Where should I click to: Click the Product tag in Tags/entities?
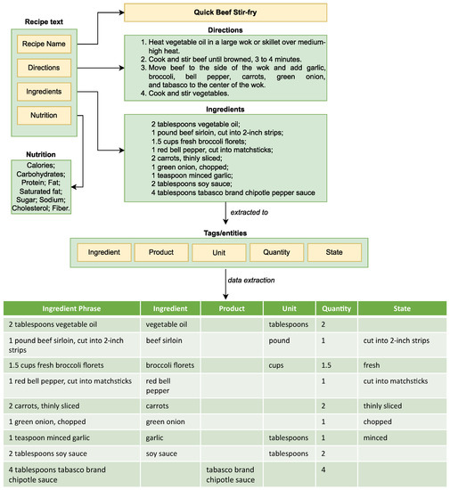[x=161, y=252]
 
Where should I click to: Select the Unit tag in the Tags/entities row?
[x=219, y=252]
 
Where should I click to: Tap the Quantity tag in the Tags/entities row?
[x=276, y=252]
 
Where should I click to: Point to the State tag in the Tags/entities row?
[x=334, y=252]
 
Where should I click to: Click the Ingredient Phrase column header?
[x=70, y=309]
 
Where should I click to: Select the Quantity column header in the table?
[x=336, y=309]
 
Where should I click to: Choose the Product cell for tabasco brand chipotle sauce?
[x=230, y=473]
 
